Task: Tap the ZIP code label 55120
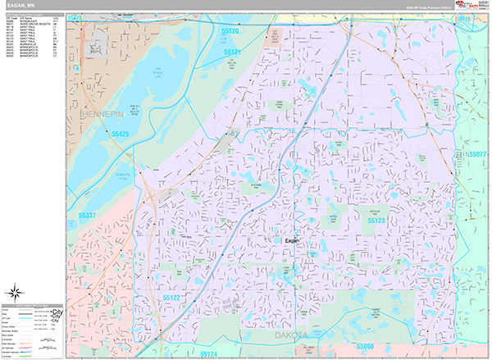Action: [230, 32]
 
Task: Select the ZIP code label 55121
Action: [232, 52]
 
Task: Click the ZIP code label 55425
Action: [121, 134]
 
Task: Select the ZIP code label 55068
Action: [365, 346]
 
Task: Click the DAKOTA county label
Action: [291, 335]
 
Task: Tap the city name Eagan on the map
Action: [293, 242]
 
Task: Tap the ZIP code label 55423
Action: [76, 16]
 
